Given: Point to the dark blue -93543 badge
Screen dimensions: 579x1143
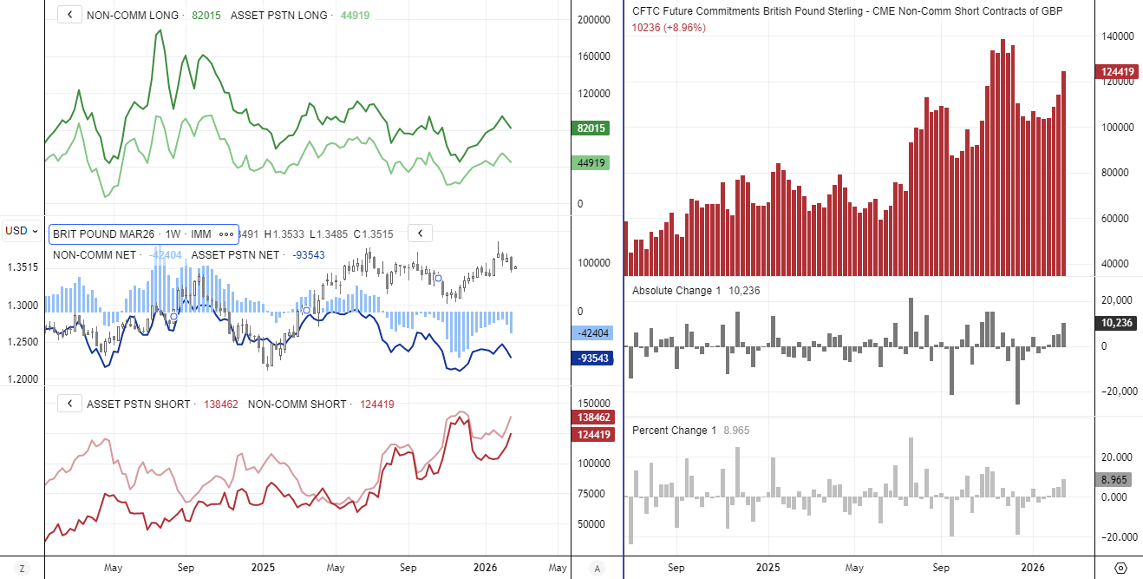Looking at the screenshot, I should coord(594,358).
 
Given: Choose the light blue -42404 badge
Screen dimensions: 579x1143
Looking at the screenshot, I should coord(594,333).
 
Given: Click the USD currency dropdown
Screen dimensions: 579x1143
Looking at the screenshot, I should coord(22,230).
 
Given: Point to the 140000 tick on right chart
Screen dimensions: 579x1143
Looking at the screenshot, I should coord(1118,36).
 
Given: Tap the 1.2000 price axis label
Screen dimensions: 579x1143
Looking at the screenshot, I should coord(22,379).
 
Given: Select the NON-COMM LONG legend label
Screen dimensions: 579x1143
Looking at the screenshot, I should coord(133,16).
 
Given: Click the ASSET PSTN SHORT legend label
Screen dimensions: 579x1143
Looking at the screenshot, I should coord(138,404).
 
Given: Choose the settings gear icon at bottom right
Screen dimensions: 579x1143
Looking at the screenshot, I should coord(1120,569).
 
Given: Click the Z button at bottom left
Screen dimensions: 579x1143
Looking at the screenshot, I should coord(22,569).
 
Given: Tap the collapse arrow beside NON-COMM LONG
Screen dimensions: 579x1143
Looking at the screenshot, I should coord(69,16).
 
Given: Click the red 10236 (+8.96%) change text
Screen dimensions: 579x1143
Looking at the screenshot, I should coord(669,28).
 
